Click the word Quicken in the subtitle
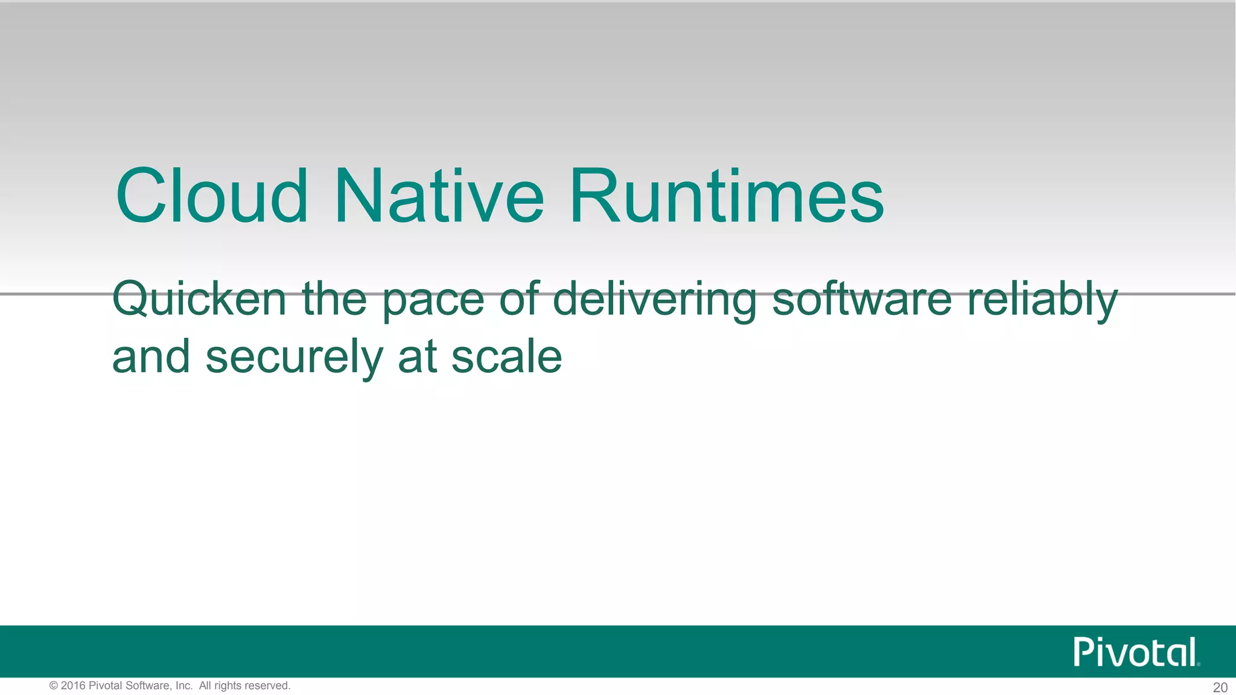(199, 300)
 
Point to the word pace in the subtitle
(433, 300)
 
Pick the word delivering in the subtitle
(655, 300)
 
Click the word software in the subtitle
(862, 300)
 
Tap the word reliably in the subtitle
(1043, 300)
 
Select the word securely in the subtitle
(294, 358)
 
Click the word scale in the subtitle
(507, 357)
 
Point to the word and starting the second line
(151, 357)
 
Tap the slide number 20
(1220, 687)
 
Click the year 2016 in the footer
(73, 686)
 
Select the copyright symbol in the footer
(54, 686)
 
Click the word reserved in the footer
(266, 686)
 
